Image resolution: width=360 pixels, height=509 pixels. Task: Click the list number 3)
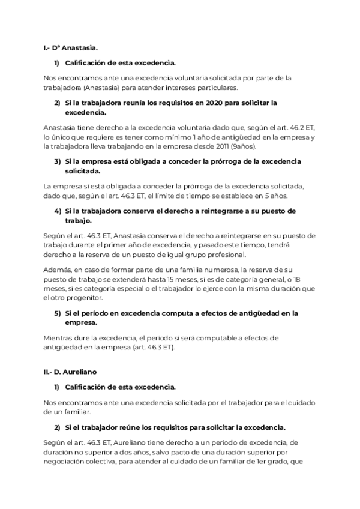click(x=58, y=161)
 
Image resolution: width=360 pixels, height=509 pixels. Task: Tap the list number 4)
click(x=58, y=211)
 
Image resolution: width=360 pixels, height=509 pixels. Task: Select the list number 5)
click(x=58, y=313)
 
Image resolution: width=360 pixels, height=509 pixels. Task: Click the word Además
click(x=58, y=271)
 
